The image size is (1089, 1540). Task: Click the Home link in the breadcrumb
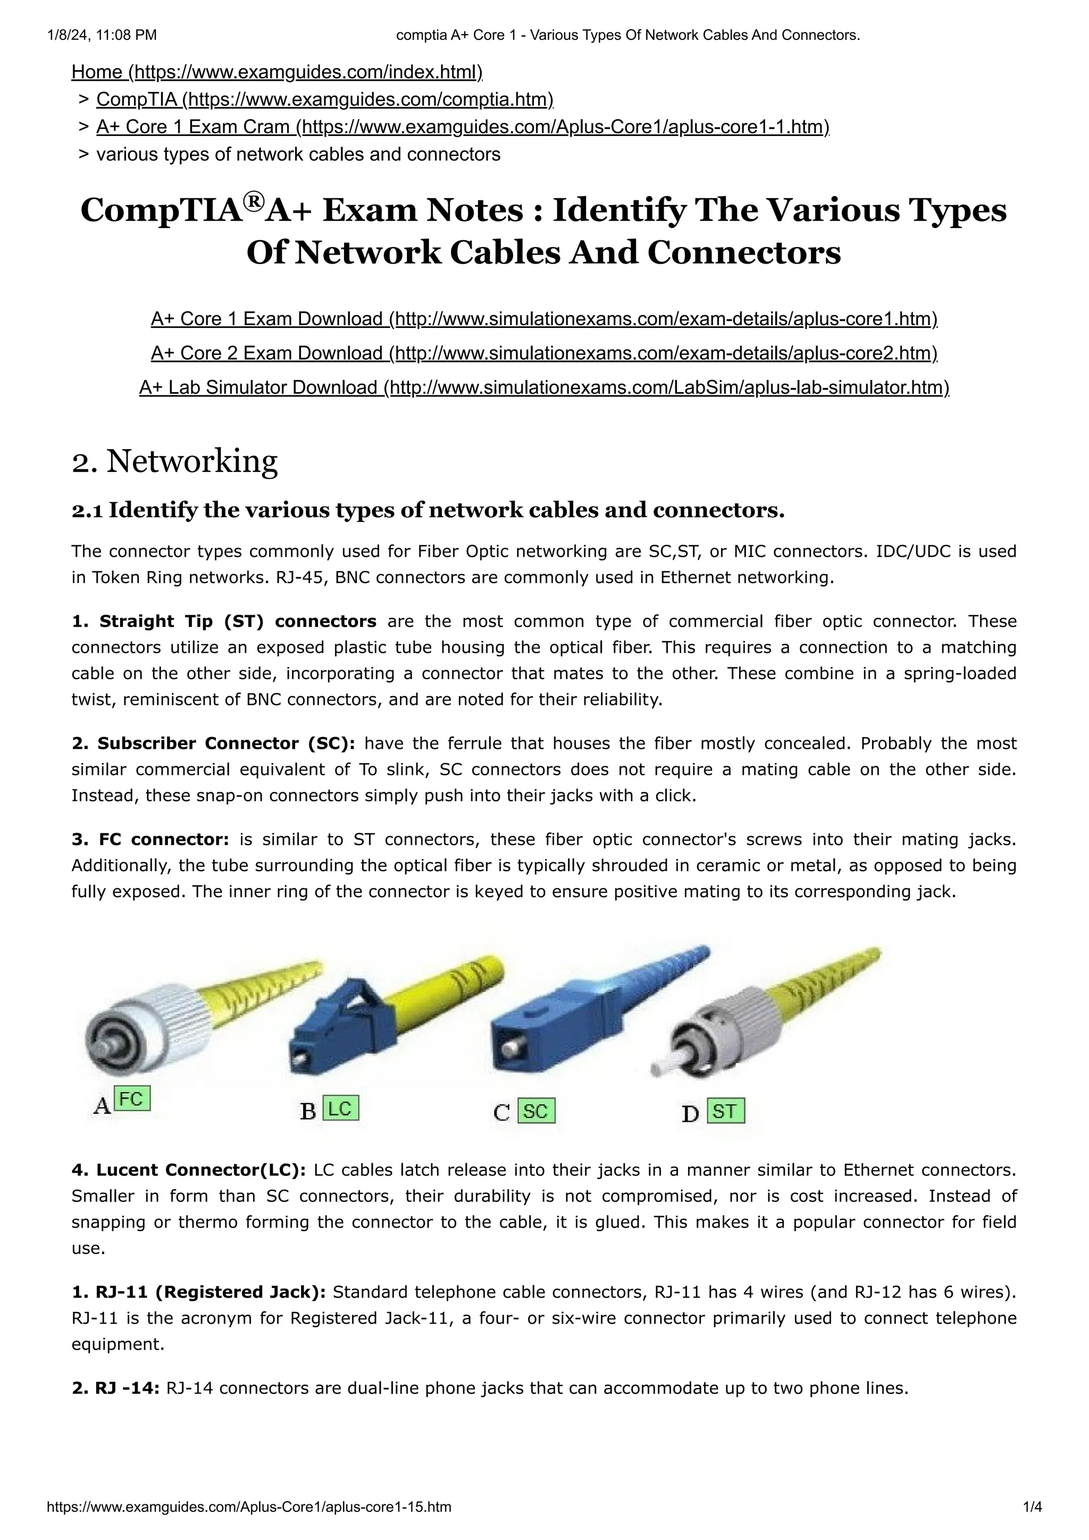tap(277, 72)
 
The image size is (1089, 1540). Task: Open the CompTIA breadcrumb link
tap(325, 99)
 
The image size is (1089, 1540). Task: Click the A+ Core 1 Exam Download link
tap(543, 319)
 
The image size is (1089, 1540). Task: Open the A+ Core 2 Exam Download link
tap(543, 353)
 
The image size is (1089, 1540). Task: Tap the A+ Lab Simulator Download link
tap(543, 388)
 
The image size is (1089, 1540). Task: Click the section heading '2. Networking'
tap(174, 461)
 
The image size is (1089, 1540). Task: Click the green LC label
tap(340, 1109)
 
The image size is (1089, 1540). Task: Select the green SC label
tap(536, 1111)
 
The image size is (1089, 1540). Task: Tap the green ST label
tap(725, 1111)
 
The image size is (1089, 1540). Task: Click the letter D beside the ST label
tap(690, 1114)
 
